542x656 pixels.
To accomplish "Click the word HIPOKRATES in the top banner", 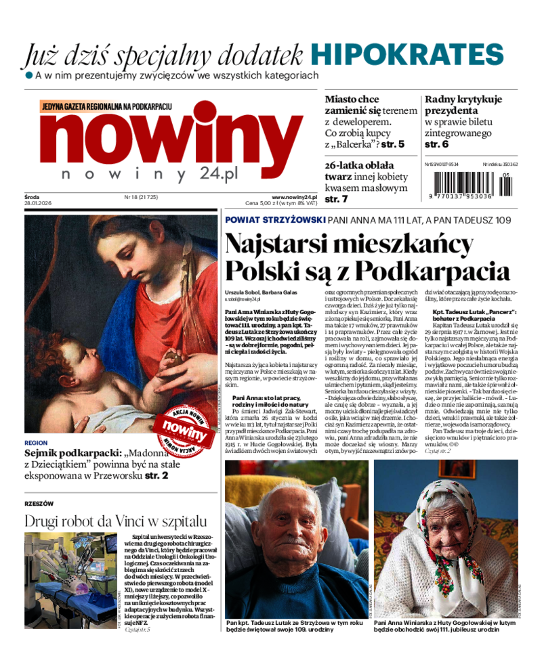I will pos(407,56).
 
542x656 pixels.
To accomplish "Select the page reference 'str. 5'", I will pos(392,144).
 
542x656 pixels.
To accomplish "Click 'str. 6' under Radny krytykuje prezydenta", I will pos(436,144).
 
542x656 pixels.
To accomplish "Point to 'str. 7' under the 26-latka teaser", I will pos(337,199).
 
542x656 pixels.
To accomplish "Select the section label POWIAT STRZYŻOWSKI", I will pos(274,220).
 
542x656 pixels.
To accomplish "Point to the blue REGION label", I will pos(35,443).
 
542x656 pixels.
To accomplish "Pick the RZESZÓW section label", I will pos(39,504).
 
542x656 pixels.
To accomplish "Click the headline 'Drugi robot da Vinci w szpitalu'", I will pos(115,521).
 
